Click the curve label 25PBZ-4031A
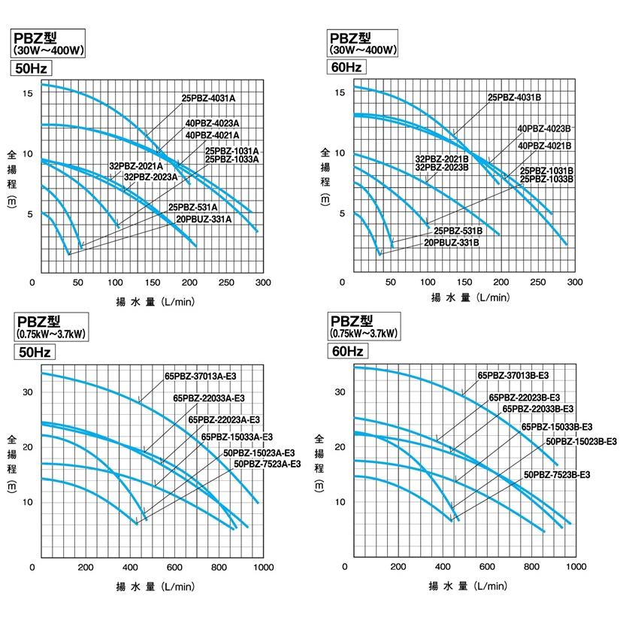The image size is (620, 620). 208,98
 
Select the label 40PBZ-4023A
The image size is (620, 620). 212,123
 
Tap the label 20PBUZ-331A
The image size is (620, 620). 204,219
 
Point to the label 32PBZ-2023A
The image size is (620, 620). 150,177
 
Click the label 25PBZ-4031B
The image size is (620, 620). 515,98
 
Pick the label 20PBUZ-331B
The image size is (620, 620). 452,243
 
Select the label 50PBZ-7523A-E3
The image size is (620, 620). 267,464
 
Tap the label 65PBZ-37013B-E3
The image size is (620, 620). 513,375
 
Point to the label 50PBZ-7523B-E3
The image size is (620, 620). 557,475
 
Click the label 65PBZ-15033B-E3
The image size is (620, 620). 557,426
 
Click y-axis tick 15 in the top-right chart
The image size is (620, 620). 340,92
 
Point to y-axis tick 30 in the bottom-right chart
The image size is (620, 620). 339,392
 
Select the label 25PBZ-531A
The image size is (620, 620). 192,207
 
